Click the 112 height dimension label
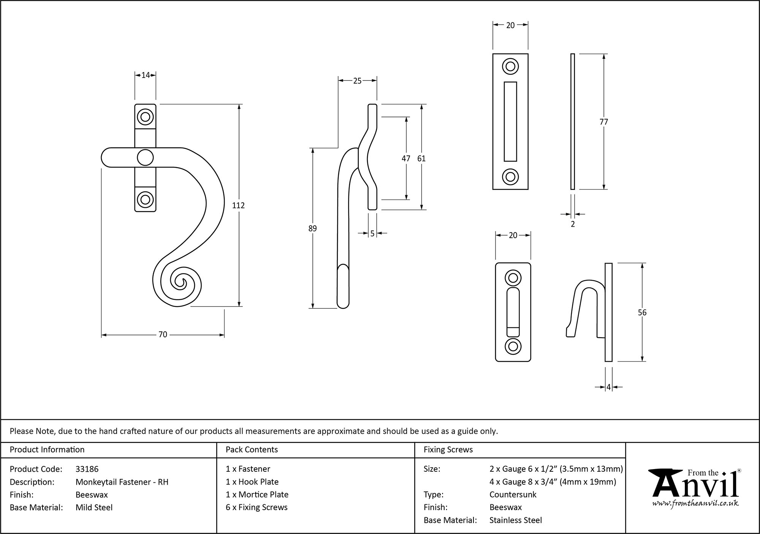pyautogui.click(x=238, y=205)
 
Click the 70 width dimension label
pyautogui.click(x=163, y=335)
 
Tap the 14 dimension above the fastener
pyautogui.click(x=146, y=75)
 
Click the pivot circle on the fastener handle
pyautogui.click(x=145, y=157)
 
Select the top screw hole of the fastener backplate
pyautogui.click(x=145, y=117)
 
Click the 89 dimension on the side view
pyautogui.click(x=312, y=229)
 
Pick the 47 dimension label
pyautogui.click(x=406, y=158)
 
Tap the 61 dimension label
pyautogui.click(x=421, y=158)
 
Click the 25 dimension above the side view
pyautogui.click(x=357, y=81)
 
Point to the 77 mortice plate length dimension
pyautogui.click(x=603, y=122)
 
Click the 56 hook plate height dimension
pyautogui.click(x=642, y=313)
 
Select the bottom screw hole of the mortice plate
pyautogui.click(x=510, y=177)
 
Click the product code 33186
pyautogui.click(x=87, y=469)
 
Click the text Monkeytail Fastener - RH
pyautogui.click(x=122, y=482)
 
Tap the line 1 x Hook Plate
pyautogui.click(x=252, y=482)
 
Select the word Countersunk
pyautogui.click(x=513, y=495)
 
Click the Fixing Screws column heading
pyautogui.click(x=448, y=450)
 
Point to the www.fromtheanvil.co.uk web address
pyautogui.click(x=695, y=503)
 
